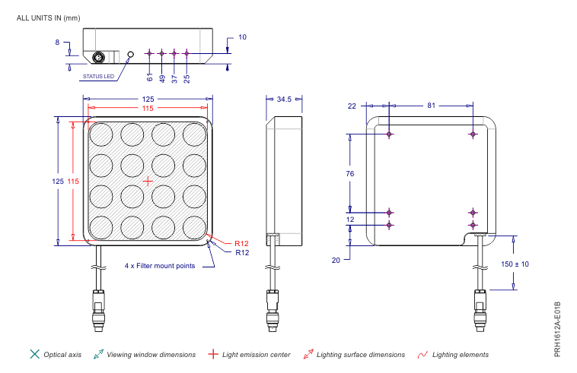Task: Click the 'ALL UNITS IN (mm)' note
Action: coord(47,17)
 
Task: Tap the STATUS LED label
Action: coord(97,75)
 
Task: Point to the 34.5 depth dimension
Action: coord(284,99)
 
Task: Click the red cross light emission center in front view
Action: coord(148,181)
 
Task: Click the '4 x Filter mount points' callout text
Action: coord(160,266)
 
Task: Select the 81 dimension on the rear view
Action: coord(431,106)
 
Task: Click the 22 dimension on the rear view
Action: coord(352,106)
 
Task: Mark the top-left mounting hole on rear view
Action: coord(390,134)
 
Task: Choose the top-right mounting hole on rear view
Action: coord(473,134)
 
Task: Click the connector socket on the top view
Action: coord(99,57)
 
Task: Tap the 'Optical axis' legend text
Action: coord(62,355)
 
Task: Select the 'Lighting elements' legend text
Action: coord(460,355)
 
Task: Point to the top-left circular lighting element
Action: coord(102,135)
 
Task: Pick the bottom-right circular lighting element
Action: coord(195,227)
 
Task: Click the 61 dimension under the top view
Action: coord(150,77)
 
